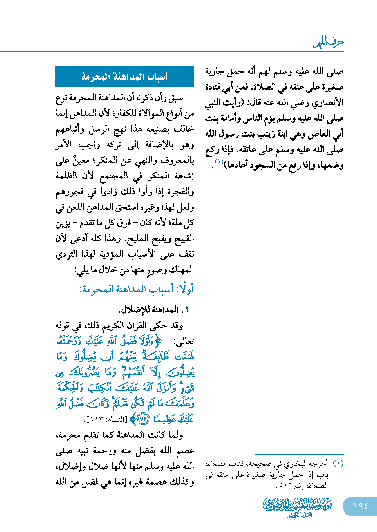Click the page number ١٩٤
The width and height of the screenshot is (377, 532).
click(x=360, y=506)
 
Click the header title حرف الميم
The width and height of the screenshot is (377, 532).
click(x=329, y=43)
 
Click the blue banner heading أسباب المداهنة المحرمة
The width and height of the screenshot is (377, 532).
click(x=124, y=77)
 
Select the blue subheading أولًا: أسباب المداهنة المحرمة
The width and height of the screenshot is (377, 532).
click(x=137, y=289)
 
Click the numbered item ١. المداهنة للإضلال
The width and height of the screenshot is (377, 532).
click(x=154, y=310)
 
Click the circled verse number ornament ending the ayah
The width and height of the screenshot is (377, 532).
click(x=143, y=420)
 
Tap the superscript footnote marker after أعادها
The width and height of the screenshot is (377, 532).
click(x=219, y=162)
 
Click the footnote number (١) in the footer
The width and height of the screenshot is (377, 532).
click(x=338, y=463)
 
